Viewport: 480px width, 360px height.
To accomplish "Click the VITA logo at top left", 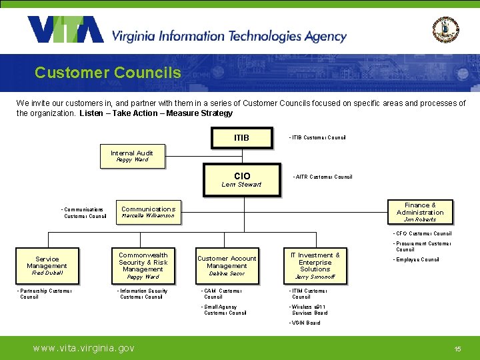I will pos(65,29).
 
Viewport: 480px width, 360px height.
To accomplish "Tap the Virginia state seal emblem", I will pos(445,29).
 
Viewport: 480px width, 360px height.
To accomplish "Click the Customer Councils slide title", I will pos(107,72).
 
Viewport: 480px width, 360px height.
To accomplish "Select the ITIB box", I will pos(241,138).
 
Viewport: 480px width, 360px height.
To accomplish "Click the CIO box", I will pos(241,179).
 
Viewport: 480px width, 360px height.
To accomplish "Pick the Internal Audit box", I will pos(132,156).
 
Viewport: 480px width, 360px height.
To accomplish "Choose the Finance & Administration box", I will pos(420,212).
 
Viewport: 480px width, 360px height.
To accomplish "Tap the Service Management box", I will pos(47,265).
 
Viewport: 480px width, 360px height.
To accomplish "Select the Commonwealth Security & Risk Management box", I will pos(143,265).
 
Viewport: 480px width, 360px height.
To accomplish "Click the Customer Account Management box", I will pos(227,265).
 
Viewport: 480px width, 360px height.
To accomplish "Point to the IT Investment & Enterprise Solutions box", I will pos(315,265).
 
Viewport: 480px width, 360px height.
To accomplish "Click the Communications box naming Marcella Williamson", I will pos(148,212).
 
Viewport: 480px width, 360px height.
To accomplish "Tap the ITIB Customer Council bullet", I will pos(317,138).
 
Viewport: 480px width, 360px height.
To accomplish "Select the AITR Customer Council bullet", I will pos(323,177).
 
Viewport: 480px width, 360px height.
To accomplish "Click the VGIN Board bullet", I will pos(305,323).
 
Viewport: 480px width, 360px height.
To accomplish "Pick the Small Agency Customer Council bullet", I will pos(224,310).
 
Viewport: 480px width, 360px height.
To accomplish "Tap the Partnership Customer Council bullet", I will pos(44,293).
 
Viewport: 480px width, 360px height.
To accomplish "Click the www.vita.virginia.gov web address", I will pos(84,348).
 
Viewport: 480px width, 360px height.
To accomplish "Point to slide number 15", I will pos(457,349).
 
